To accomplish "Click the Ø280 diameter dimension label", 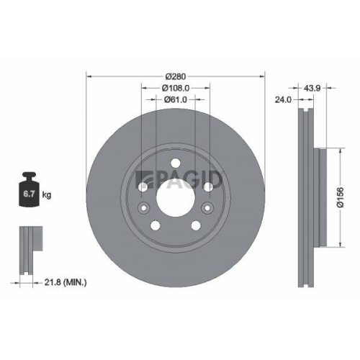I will point(176,77).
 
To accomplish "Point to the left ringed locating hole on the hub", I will point(144,209).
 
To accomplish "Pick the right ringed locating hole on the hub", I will point(207,209).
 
